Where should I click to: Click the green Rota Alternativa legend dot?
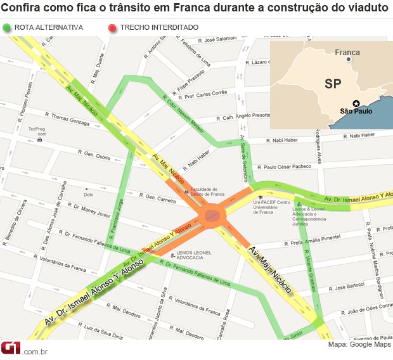[x=7, y=28]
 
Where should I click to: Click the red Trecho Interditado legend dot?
[x=112, y=28]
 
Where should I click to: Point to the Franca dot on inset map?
[x=349, y=59]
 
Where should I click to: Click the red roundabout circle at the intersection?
[x=212, y=217]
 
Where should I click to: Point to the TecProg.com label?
[x=37, y=131]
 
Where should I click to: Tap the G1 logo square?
[x=11, y=349]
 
